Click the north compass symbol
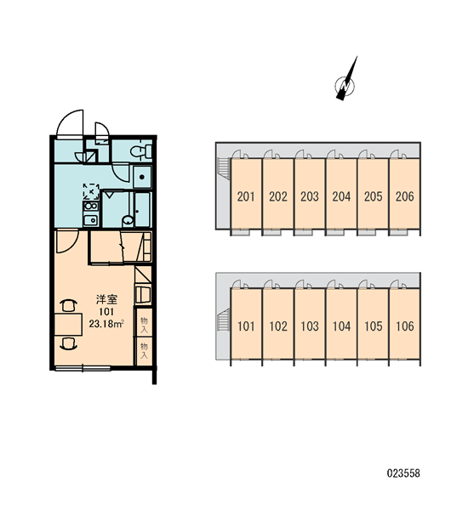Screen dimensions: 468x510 [x=345, y=84]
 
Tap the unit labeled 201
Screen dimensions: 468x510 [x=246, y=194]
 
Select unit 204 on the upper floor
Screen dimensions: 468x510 [x=341, y=194]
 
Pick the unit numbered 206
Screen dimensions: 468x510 [x=404, y=194]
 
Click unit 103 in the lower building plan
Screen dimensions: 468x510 [x=310, y=324]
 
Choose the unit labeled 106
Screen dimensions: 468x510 [x=404, y=324]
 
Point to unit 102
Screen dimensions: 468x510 [x=278, y=324]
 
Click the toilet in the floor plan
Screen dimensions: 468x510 [x=141, y=151]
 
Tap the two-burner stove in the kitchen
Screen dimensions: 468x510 [x=91, y=207]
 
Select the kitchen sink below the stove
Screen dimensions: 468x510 [x=91, y=220]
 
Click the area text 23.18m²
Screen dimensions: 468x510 [x=106, y=324]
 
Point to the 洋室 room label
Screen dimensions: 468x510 [x=106, y=299]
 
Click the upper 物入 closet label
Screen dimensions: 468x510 [x=144, y=325]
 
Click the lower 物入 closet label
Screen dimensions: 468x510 [x=144, y=350]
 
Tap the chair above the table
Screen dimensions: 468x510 [x=69, y=306]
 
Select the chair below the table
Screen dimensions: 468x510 [x=69, y=343]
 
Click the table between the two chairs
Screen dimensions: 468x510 [x=68, y=325]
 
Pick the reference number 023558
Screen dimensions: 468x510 [x=403, y=473]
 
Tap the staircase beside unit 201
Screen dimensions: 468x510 [x=224, y=167]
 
